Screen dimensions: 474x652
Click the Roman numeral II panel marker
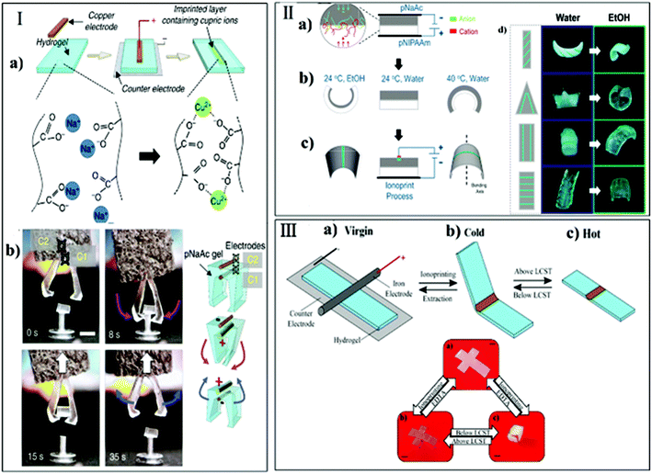click(x=291, y=15)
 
